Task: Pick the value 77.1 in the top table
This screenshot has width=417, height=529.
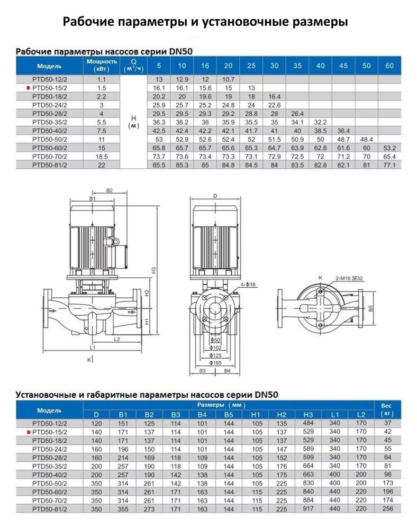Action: [389, 165]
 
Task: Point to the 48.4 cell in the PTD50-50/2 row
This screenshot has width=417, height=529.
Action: [366, 139]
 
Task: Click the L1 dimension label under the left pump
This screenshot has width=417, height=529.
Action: [92, 348]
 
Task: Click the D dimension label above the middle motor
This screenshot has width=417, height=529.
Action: [215, 196]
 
